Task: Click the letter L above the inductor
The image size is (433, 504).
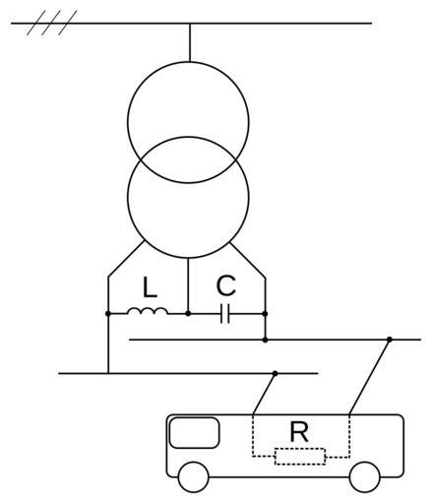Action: click(x=150, y=287)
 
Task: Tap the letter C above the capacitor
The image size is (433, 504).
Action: click(x=226, y=285)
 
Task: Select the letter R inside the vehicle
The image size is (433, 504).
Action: click(x=299, y=432)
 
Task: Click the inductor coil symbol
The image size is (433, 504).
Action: click(x=148, y=311)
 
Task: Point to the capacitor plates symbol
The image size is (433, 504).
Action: click(x=225, y=314)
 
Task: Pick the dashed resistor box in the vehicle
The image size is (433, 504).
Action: click(x=300, y=457)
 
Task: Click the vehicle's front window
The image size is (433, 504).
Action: click(x=194, y=433)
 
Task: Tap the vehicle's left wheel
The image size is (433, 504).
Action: click(x=194, y=477)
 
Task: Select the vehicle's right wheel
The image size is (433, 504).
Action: click(x=365, y=477)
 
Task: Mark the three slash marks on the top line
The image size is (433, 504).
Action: click(x=52, y=23)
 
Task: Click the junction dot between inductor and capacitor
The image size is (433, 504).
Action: click(x=188, y=314)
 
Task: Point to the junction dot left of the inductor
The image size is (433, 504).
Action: click(x=108, y=314)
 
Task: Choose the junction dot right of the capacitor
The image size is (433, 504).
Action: click(x=265, y=314)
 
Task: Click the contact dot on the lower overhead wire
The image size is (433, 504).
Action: click(x=276, y=373)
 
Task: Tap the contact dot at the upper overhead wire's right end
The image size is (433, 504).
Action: click(x=390, y=340)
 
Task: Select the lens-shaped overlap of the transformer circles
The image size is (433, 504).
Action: click(x=188, y=159)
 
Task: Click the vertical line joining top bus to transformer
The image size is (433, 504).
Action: click(x=190, y=42)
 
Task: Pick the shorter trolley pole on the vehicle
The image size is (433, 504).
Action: click(x=264, y=394)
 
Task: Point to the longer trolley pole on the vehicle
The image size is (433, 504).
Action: click(x=369, y=377)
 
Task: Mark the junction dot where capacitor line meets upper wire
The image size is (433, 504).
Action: click(x=265, y=340)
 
